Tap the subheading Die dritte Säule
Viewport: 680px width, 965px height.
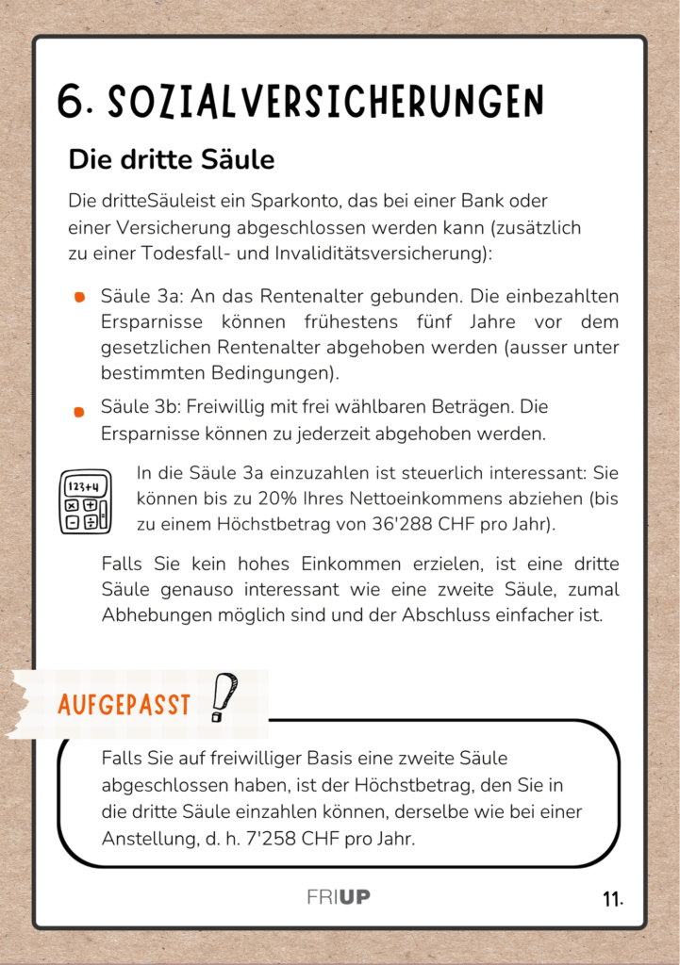click(x=171, y=159)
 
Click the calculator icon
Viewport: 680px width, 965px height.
click(x=85, y=501)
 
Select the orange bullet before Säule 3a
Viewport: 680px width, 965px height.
click(x=80, y=298)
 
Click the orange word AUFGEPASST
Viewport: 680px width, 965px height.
click(x=124, y=704)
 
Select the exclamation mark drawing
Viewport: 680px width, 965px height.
click(x=224, y=696)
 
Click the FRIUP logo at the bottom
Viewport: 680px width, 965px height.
click(x=339, y=897)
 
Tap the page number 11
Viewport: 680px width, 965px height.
click(x=612, y=900)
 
